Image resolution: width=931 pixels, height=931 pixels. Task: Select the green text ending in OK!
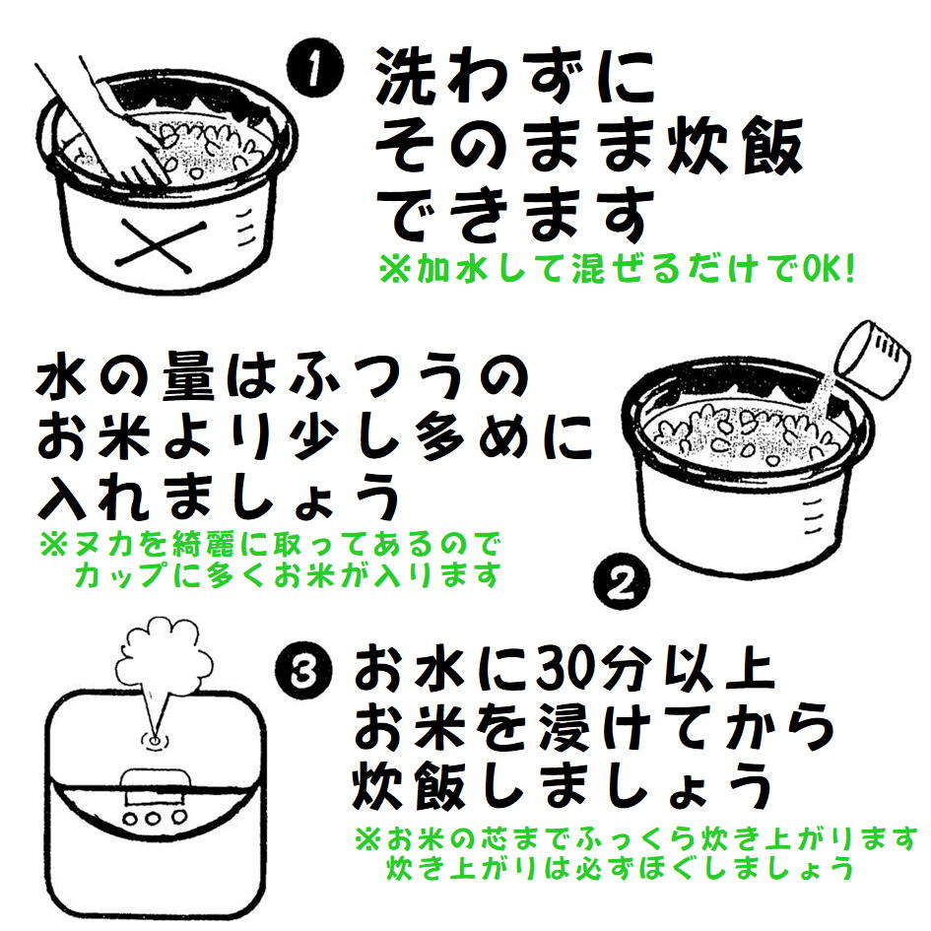click(617, 270)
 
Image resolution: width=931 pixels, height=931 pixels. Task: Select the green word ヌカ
click(101, 544)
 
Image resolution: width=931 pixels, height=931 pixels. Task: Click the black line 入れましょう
click(221, 498)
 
